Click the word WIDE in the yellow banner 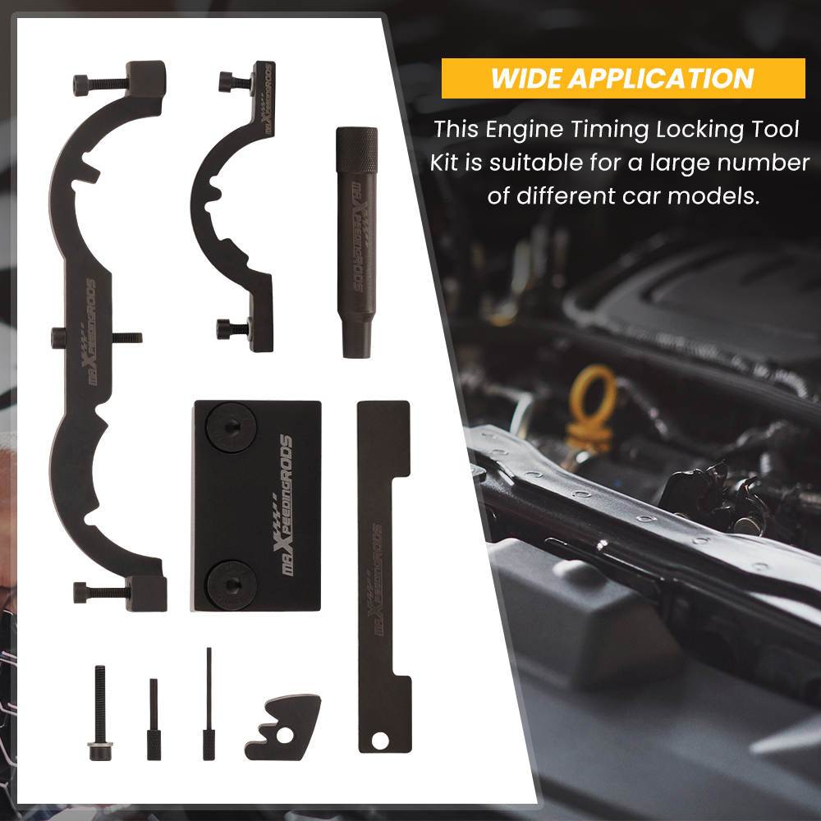525,79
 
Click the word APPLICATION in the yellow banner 661,79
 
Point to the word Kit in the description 445,163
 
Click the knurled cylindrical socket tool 357,242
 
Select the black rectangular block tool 256,506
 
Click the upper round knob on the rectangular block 231,428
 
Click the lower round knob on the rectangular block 231,584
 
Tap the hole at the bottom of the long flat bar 380,741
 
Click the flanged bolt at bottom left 99,713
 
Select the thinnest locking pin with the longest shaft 209,704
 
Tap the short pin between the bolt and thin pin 154,719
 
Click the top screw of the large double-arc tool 100,83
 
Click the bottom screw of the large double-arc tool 100,592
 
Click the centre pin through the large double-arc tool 97,337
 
